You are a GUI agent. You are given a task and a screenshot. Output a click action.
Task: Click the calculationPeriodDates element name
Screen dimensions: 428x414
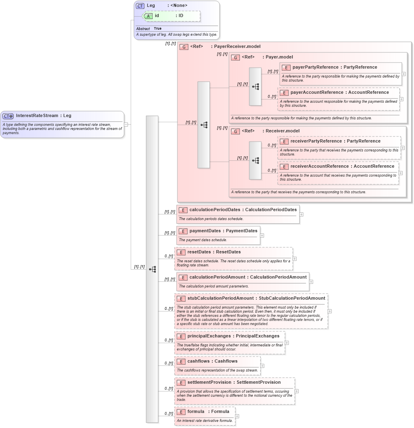[x=215, y=210]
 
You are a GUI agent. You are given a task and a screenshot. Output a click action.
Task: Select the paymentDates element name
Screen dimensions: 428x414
[x=205, y=231]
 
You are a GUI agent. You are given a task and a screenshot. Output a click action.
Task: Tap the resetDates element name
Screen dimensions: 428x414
[x=199, y=252]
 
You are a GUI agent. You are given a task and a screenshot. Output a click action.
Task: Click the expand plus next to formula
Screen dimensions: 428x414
[x=237, y=416]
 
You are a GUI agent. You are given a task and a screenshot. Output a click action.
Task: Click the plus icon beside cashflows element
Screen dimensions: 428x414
[x=262, y=366]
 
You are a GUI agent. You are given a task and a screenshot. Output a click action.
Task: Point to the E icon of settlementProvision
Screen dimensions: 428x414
[x=181, y=383]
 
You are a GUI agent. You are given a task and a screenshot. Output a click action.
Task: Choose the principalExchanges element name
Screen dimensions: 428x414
[x=209, y=336]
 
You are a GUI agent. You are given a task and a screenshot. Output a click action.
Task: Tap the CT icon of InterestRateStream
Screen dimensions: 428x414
[x=8, y=116]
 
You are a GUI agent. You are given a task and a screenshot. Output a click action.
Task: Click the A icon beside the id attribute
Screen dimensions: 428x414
[x=149, y=16]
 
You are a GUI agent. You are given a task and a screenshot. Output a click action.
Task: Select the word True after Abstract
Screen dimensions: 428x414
[x=157, y=28]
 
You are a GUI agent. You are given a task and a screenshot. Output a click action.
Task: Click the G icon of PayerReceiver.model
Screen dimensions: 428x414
[x=184, y=47]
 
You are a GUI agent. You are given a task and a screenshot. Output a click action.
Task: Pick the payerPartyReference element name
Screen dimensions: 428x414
[x=315, y=67]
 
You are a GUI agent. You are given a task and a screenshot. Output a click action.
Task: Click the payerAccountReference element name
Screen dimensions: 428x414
[x=316, y=92]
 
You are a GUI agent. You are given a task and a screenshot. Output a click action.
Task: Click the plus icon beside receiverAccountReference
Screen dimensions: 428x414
[x=401, y=173]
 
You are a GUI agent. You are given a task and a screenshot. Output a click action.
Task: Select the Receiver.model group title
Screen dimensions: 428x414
[x=282, y=131]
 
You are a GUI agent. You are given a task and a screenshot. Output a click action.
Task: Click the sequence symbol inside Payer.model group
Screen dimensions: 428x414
[x=255, y=86]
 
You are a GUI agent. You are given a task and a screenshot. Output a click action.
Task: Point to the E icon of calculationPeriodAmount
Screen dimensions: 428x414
[x=183, y=277]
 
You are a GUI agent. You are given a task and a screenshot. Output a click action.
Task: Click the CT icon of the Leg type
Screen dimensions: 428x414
[x=140, y=6]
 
